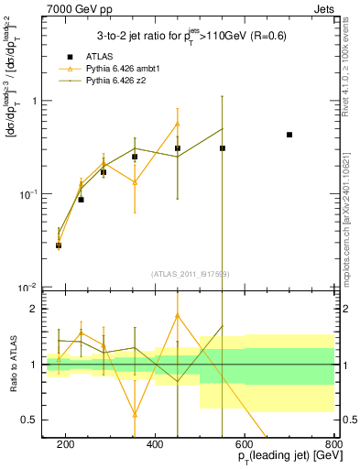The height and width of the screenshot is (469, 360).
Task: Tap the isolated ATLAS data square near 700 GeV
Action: (x=289, y=135)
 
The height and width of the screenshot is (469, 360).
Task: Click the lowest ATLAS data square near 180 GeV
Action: (x=59, y=245)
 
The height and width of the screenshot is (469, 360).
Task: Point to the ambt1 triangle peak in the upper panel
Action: (x=178, y=124)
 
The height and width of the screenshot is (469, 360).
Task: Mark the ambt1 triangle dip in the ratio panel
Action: (x=135, y=414)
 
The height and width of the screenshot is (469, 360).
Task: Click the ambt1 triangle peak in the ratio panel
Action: (x=178, y=316)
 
